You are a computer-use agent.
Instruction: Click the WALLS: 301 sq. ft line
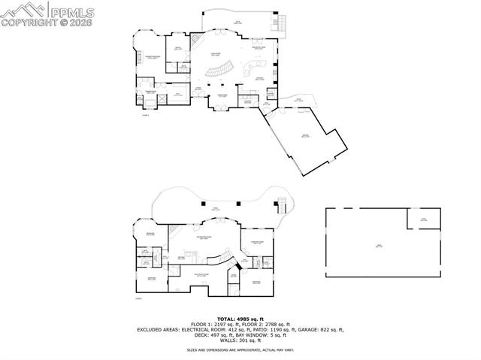point(240,340)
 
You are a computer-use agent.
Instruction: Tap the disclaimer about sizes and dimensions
point(240,349)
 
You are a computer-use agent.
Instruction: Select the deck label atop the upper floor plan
point(237,23)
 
